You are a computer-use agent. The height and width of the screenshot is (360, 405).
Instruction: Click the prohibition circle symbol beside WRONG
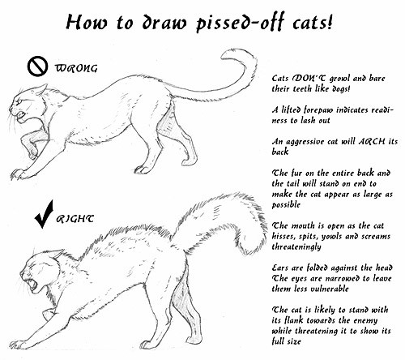pyautogui.click(x=37, y=66)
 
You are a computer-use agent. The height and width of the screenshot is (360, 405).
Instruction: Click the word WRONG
pyautogui.click(x=76, y=69)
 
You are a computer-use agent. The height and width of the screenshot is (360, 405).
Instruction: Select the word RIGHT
pyautogui.click(x=75, y=218)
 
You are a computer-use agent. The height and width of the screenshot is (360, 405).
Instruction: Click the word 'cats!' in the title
pyautogui.click(x=312, y=22)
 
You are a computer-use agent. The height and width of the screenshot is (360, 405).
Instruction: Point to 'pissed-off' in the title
pyautogui.click(x=240, y=23)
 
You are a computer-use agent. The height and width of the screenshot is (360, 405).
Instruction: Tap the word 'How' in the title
pyautogui.click(x=87, y=22)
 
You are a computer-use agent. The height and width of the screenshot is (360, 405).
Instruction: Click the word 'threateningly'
pyautogui.click(x=296, y=247)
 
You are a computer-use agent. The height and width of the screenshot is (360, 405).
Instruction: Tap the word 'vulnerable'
pyautogui.click(x=330, y=289)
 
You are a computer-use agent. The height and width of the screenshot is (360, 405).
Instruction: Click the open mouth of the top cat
pyautogui.click(x=21, y=115)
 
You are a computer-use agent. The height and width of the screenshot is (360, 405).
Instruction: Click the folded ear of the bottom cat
pyautogui.click(x=57, y=254)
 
